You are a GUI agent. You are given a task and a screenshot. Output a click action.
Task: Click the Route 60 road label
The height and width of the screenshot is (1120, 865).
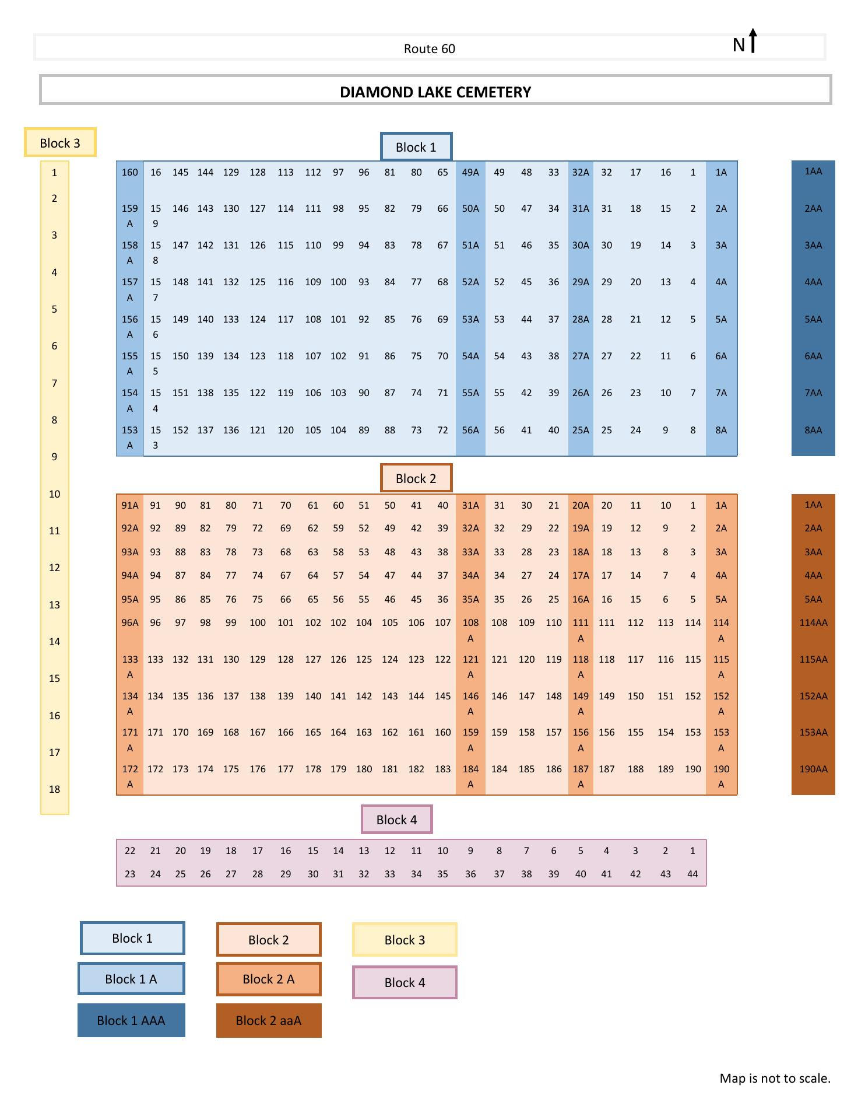pyautogui.click(x=429, y=48)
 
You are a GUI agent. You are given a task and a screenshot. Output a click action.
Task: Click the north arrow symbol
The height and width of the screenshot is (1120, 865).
pyautogui.click(x=753, y=41)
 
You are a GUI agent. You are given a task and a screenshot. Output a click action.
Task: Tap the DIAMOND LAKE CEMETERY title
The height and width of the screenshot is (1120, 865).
pyautogui.click(x=435, y=92)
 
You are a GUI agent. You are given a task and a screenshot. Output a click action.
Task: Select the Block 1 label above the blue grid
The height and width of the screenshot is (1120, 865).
pyautogui.click(x=416, y=147)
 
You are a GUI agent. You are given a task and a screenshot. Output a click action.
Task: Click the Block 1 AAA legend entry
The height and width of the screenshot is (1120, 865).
pyautogui.click(x=131, y=1020)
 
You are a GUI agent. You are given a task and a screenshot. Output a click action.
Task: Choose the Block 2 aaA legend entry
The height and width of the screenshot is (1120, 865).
pyautogui.click(x=268, y=1020)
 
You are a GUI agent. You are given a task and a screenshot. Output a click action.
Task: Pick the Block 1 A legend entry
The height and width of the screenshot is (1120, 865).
pyautogui.click(x=131, y=979)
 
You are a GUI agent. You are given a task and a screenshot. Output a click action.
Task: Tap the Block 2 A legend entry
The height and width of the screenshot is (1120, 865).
pyautogui.click(x=268, y=979)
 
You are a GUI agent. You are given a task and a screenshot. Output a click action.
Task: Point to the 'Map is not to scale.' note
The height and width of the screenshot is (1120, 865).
pyautogui.click(x=775, y=1078)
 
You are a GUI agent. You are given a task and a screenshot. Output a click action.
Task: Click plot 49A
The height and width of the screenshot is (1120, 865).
pyautogui.click(x=470, y=172)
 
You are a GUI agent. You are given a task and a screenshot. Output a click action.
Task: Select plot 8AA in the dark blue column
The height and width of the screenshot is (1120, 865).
pyautogui.click(x=813, y=430)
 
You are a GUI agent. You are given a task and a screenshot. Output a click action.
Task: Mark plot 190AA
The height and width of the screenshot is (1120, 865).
pyautogui.click(x=813, y=769)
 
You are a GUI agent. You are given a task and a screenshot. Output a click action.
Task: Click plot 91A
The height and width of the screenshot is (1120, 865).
pyautogui.click(x=130, y=505)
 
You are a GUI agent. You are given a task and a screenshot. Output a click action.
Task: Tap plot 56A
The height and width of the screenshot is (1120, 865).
pyautogui.click(x=470, y=430)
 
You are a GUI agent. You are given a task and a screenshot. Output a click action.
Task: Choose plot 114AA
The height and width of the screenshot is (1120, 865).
pyautogui.click(x=813, y=622)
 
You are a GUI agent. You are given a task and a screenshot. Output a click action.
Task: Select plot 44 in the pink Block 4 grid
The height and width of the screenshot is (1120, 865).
pyautogui.click(x=692, y=874)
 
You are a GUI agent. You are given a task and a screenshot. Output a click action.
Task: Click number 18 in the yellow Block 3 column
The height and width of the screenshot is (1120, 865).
pyautogui.click(x=54, y=789)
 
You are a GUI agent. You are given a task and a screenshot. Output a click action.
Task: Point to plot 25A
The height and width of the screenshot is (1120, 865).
pyautogui.click(x=581, y=430)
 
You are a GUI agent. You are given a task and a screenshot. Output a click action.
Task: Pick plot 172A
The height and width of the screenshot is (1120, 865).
pyautogui.click(x=130, y=776)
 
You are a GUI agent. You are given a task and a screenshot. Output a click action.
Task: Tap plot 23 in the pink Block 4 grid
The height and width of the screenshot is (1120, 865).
pyautogui.click(x=130, y=874)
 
